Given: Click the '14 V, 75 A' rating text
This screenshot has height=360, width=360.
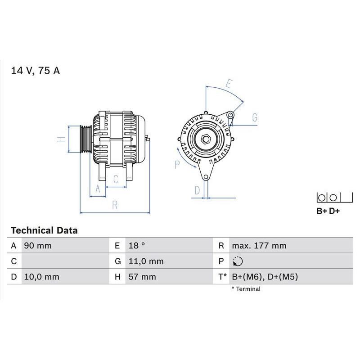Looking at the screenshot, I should [x=36, y=71].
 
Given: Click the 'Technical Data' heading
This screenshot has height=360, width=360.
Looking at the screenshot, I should [x=44, y=230].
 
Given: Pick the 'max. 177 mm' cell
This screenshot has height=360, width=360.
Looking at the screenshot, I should [x=259, y=246].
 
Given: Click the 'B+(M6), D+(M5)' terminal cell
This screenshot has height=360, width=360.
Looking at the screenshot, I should [x=265, y=277].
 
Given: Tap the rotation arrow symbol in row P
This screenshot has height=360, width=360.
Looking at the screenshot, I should [x=238, y=261].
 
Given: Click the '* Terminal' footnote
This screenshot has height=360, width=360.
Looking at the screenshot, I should [x=246, y=289].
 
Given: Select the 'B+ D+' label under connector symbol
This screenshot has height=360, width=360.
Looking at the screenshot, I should [x=328, y=211].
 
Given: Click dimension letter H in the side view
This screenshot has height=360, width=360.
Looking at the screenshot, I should [x=62, y=139].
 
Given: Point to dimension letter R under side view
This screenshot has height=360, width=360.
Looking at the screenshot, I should [x=115, y=205].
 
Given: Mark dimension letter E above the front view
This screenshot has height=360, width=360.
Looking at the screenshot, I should [x=229, y=84].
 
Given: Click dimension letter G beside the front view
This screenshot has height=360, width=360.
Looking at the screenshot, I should [x=255, y=118].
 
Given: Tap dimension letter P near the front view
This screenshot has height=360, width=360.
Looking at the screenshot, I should [x=177, y=165].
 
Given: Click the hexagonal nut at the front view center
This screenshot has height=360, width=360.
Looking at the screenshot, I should [x=206, y=139].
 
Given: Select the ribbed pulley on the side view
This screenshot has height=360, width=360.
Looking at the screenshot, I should [x=85, y=139].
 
